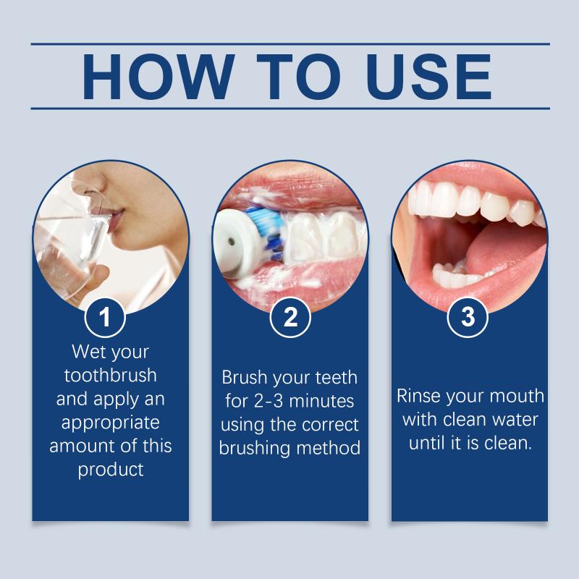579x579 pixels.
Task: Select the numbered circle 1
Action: click(105, 317)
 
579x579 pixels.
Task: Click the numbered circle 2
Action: click(290, 317)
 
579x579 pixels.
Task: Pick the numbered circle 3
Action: click(468, 317)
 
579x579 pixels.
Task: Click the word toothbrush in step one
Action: click(111, 376)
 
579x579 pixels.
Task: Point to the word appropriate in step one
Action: click(111, 423)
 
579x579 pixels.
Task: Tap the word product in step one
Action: click(111, 470)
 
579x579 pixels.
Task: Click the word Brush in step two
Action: click(244, 377)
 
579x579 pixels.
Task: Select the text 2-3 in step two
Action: click(268, 402)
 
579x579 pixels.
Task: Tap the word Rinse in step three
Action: click(419, 396)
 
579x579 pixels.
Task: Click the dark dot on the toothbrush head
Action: click(232, 242)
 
